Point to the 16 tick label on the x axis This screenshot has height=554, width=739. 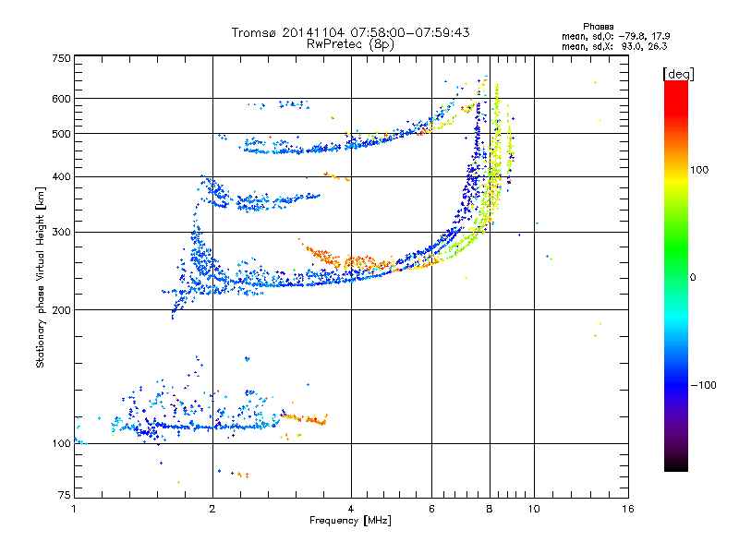627,509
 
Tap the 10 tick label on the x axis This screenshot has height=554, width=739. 534,509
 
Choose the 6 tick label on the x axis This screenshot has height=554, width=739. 431,509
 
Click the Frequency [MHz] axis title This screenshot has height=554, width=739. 350,521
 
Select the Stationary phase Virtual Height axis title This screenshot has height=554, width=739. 41,277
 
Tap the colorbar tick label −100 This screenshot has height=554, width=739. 702,385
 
